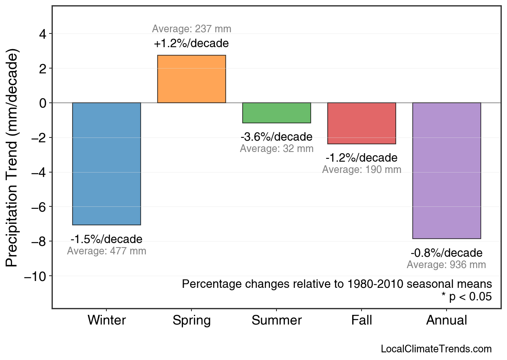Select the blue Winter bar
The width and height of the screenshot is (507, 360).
coord(106,164)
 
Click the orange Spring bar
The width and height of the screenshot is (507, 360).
coord(191,79)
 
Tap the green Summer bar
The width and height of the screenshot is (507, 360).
coord(276,113)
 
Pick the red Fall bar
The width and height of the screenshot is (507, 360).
coord(362,123)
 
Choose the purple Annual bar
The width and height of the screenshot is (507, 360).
coord(447,171)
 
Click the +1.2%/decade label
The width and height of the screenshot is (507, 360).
coord(191,43)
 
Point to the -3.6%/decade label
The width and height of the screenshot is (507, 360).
coord(276,137)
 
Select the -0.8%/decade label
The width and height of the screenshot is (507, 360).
coord(447,253)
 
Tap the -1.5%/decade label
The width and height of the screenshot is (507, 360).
coord(106,239)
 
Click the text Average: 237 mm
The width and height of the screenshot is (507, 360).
coord(191,29)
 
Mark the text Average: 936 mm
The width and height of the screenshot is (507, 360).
coord(447,265)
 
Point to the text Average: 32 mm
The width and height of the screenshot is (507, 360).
coord(276,148)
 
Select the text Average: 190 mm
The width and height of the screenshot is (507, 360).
coord(362,170)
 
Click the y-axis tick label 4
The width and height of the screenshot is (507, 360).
coord(42,34)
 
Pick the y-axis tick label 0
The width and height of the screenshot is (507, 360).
coord(42,103)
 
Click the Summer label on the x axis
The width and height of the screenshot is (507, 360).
coord(276,320)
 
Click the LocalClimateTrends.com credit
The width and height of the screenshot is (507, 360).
coord(436,349)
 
